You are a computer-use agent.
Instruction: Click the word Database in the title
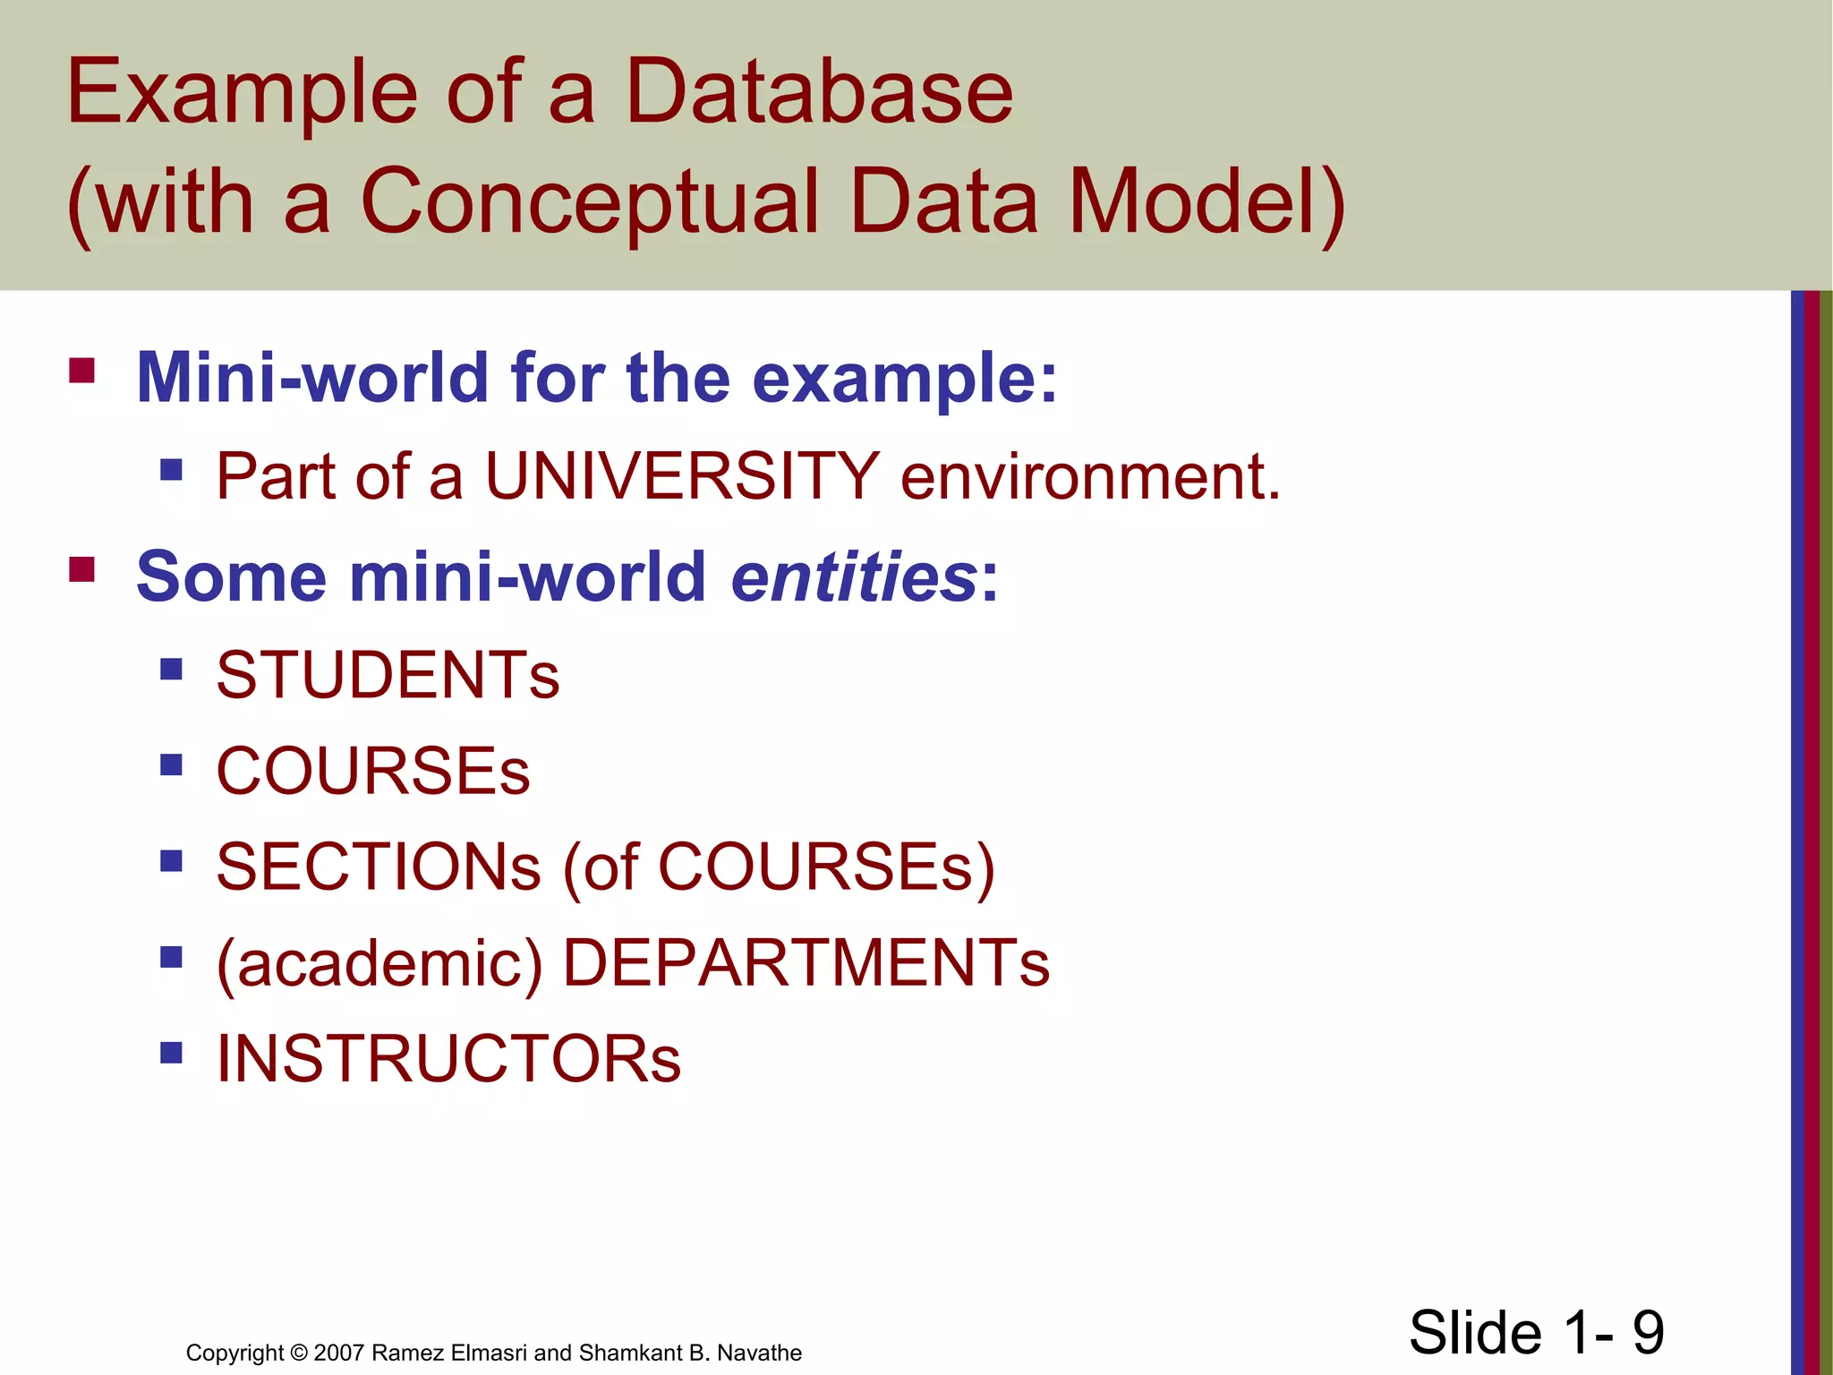[818, 91]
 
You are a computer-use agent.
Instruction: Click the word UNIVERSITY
[682, 476]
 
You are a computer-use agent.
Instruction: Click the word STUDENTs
[388, 675]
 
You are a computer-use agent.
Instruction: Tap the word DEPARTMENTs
[806, 963]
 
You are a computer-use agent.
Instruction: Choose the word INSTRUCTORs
[448, 1059]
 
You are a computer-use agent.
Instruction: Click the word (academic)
[379, 965]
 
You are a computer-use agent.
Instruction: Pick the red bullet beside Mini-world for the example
[81, 371]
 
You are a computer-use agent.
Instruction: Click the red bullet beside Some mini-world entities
[81, 569]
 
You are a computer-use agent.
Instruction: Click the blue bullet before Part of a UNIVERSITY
[171, 469]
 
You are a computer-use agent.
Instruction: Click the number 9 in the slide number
[1648, 1332]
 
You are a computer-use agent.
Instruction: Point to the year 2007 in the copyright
[339, 1353]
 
